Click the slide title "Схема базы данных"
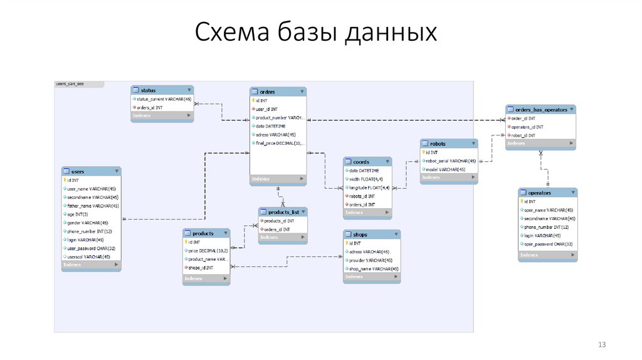315,33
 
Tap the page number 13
603,345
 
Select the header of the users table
91,171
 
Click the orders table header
278,92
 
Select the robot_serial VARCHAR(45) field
451,161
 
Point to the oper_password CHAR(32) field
548,244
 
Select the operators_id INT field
527,127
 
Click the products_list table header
283,213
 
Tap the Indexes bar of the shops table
371,277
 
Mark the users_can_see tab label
70,83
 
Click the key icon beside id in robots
424,152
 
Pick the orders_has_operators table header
540,109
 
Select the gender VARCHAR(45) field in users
88,223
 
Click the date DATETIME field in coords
364,171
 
